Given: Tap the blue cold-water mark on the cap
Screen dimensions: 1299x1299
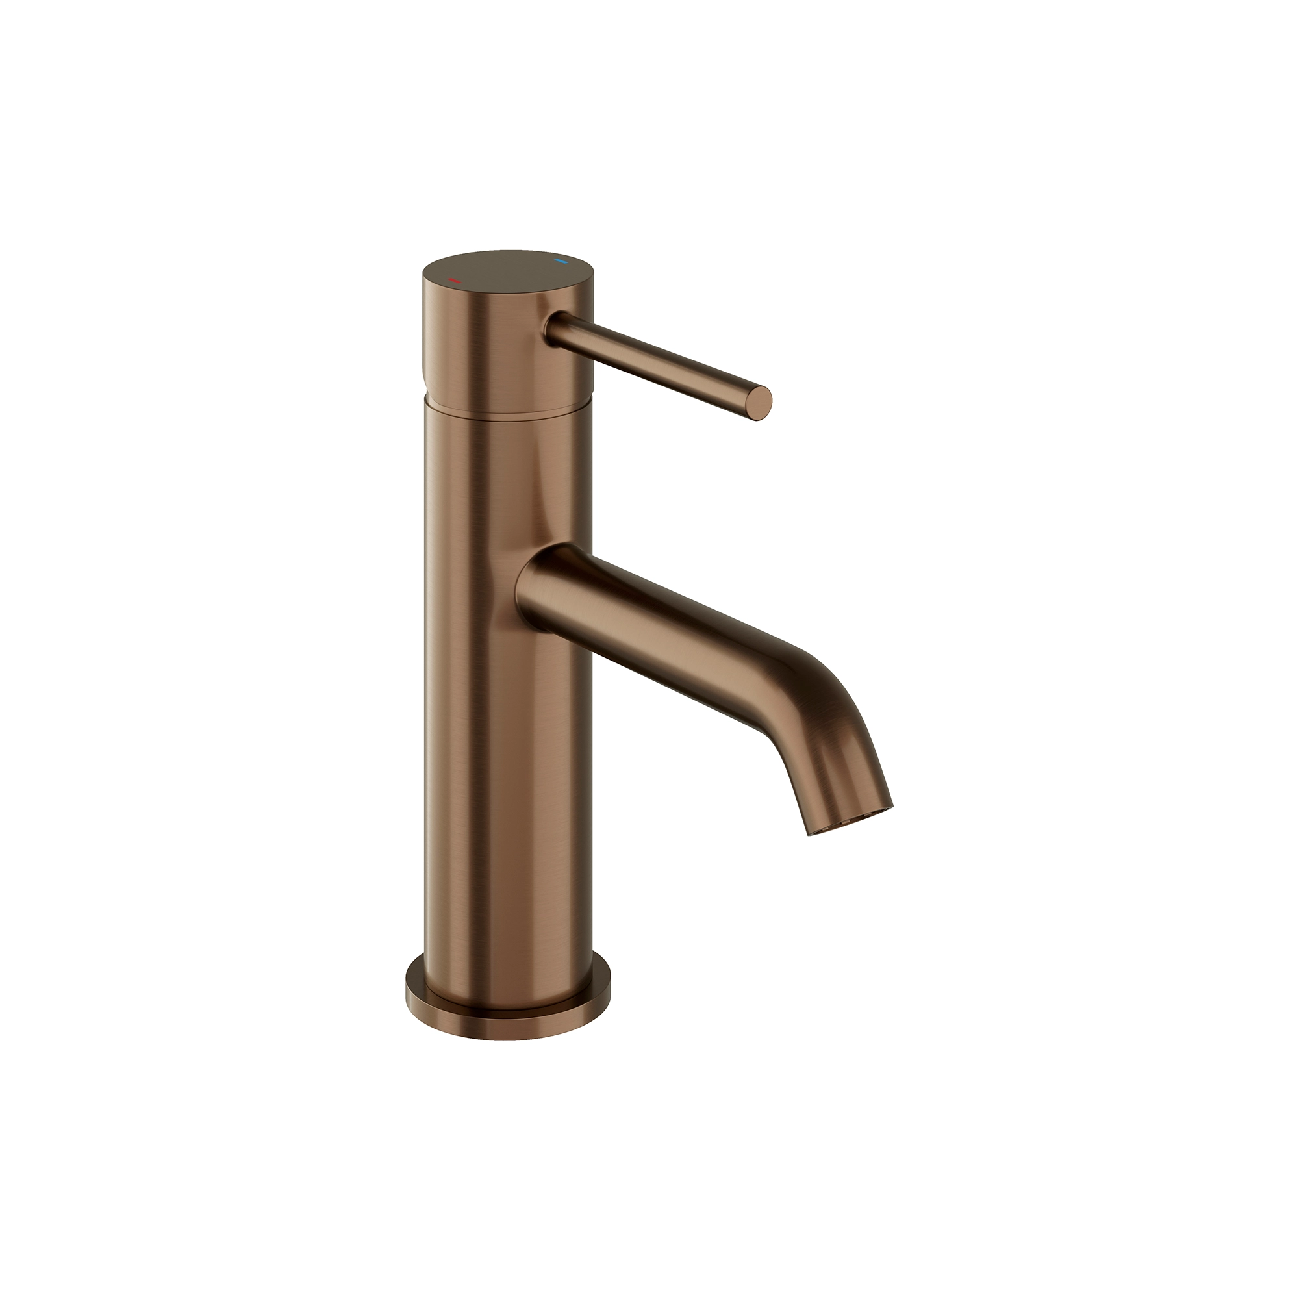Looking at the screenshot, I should click(x=559, y=260).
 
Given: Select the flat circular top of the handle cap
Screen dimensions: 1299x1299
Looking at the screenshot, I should click(x=508, y=272).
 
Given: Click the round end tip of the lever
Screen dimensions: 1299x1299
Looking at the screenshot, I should click(x=761, y=403).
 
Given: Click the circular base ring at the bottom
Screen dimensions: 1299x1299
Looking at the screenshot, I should click(x=508, y=1015).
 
